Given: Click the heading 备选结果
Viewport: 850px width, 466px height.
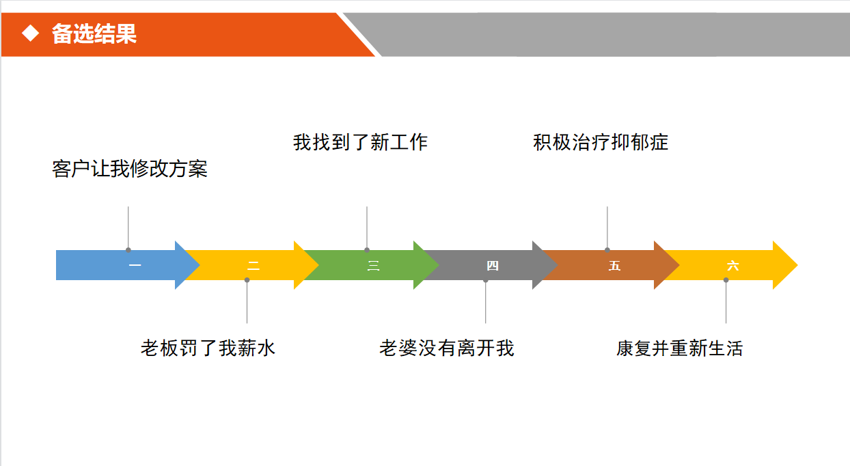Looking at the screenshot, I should pyautogui.click(x=94, y=33).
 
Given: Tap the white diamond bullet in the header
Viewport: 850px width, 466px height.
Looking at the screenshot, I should pyautogui.click(x=31, y=33).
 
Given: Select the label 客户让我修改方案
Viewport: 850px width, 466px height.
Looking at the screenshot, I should pyautogui.click(x=130, y=169).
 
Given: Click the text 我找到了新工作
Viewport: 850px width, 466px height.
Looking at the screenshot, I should pyautogui.click(x=360, y=142).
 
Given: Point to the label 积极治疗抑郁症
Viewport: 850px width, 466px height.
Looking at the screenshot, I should pyautogui.click(x=601, y=142).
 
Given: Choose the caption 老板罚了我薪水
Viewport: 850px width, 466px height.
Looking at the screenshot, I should pyautogui.click(x=208, y=348).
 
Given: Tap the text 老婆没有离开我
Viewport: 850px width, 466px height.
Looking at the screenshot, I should pyautogui.click(x=446, y=348).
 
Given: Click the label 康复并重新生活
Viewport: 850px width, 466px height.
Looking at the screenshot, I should pyautogui.click(x=679, y=348).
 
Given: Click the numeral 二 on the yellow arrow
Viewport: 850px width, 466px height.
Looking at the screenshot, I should pyautogui.click(x=253, y=266).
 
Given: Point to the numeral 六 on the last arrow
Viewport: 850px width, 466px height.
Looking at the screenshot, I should pyautogui.click(x=732, y=266).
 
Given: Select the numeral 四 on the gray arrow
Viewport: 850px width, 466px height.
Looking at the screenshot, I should pyautogui.click(x=493, y=266).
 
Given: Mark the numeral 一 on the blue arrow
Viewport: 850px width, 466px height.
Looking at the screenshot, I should pyautogui.click(x=135, y=266).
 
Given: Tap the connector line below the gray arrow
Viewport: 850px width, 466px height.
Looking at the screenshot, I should pyautogui.click(x=486, y=301).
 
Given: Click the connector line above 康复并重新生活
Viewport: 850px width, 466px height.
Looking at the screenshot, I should pyautogui.click(x=726, y=301).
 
